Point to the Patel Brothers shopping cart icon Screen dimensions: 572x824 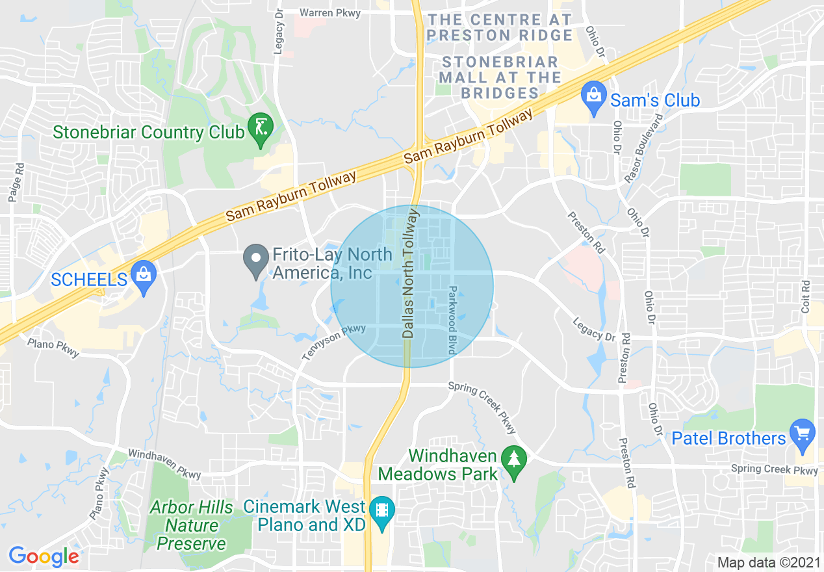[803, 434]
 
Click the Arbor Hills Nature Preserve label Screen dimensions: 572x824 [191, 525]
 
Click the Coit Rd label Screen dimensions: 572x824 [806, 296]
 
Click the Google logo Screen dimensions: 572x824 [44, 556]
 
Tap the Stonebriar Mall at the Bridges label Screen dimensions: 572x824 [499, 77]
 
